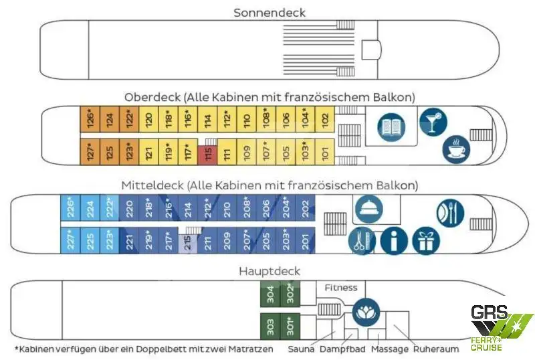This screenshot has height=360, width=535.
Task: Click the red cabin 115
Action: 207,155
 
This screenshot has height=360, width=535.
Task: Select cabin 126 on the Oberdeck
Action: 90,119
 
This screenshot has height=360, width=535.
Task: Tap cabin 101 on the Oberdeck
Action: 325,152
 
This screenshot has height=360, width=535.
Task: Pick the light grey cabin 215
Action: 188,244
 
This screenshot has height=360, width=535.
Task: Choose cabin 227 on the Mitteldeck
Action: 70,240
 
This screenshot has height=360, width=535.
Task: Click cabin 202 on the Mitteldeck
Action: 306,208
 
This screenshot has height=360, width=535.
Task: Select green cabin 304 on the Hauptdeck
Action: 270,294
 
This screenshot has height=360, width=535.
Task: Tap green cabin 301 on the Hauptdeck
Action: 290,326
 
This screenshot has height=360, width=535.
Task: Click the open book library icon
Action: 391,127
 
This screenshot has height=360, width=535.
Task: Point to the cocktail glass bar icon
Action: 433,122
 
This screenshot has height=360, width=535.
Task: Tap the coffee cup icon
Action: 456,149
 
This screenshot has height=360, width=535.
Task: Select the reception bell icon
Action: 369,209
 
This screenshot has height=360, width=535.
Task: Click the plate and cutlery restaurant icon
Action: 450,213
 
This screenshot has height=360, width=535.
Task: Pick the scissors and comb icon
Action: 362,241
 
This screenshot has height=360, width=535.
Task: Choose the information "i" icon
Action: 394,241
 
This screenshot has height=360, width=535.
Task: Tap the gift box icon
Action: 426,241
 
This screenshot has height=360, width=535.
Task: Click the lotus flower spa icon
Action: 366,312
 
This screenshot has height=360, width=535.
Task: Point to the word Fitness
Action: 341,288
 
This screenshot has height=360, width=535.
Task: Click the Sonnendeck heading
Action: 270,13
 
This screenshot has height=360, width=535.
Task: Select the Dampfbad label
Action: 342,349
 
